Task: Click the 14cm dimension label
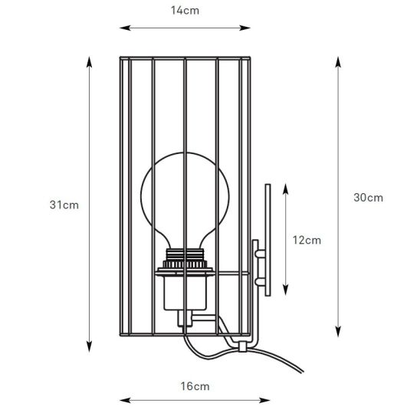[185, 11]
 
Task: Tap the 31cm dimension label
[64, 205]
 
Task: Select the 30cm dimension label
[369, 198]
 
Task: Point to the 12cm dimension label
[307, 240]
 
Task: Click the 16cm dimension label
[195, 386]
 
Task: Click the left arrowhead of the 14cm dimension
[125, 28]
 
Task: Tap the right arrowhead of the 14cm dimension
[244, 28]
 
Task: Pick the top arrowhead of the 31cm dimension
[89, 62]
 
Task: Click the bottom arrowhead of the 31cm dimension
[89, 346]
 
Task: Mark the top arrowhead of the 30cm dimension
[338, 62]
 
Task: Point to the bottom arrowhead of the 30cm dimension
[338, 331]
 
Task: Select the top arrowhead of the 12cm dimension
[286, 189]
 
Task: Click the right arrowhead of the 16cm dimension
[264, 400]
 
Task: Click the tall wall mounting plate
[267, 240]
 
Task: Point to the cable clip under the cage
[242, 346]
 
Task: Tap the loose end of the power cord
[303, 372]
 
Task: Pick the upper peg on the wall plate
[260, 254]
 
